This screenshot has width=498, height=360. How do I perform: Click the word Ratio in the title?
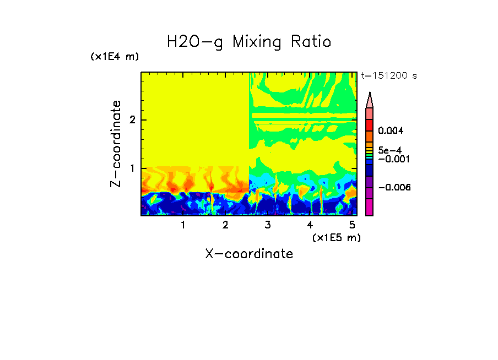(311, 41)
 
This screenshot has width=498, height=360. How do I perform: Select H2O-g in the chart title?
(195, 42)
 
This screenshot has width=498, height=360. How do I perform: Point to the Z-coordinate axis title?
(116, 144)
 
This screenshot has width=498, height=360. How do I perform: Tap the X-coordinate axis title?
(249, 254)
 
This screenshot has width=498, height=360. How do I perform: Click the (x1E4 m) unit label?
(115, 57)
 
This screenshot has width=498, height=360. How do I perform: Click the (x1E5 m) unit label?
(336, 237)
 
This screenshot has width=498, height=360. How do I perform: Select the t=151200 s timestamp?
(388, 76)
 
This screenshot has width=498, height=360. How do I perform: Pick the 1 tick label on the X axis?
(183, 225)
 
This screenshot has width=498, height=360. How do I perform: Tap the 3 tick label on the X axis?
(268, 225)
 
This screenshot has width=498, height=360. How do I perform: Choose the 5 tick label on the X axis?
(352, 225)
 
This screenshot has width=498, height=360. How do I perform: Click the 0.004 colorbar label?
(391, 131)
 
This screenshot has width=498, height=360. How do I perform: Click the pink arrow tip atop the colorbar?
(370, 100)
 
